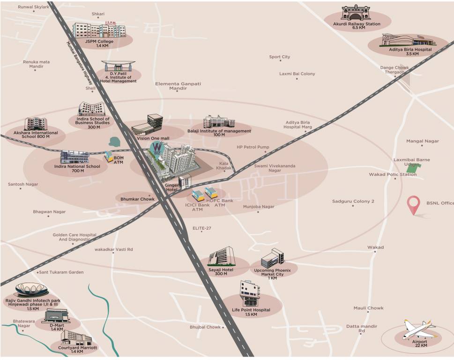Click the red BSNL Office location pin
tap(413, 205)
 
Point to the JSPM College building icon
tap(99, 30)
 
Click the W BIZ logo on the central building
tap(155, 150)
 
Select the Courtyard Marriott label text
tap(77, 348)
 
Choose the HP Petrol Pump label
tap(253, 147)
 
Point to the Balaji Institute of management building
tap(218, 122)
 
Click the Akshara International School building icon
tap(36, 124)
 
